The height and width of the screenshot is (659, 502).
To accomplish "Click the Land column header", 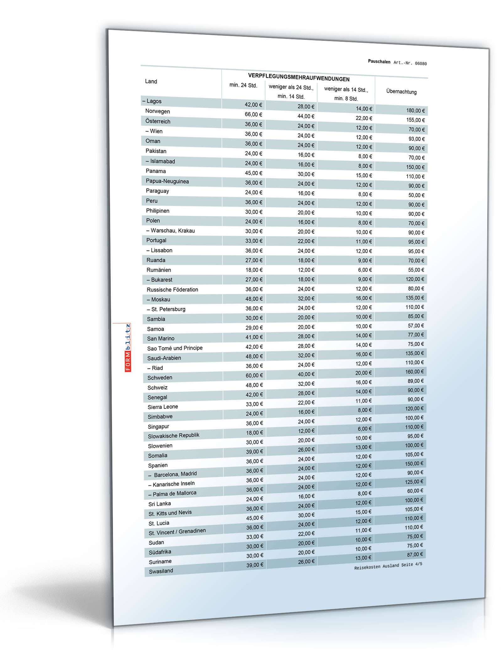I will [x=151, y=81].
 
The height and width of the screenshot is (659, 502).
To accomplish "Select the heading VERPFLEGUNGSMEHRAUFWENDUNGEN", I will [x=299, y=77].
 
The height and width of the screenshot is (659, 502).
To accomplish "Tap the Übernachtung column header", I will [x=401, y=92].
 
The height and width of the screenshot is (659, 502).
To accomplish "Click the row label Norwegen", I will [x=158, y=111].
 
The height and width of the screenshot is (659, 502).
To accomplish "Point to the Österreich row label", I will [x=158, y=121].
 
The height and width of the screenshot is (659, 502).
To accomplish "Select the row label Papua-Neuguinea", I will [x=167, y=181].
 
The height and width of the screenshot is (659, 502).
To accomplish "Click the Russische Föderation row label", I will [x=172, y=289].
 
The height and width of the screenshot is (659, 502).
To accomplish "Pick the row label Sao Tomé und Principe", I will [x=175, y=348].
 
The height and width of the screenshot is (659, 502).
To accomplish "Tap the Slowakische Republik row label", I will [x=174, y=436].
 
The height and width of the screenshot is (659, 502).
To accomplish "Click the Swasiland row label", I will [x=161, y=571].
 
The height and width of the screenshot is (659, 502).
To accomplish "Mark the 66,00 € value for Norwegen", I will [x=254, y=114].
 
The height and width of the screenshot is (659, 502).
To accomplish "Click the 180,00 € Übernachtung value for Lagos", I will [x=415, y=110].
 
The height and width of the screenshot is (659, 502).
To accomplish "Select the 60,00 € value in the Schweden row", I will [x=254, y=375].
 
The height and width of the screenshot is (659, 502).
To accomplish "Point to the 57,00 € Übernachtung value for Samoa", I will [x=416, y=325].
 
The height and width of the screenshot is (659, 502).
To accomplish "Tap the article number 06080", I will [x=420, y=63].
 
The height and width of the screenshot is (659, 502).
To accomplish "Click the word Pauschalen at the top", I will [x=379, y=62].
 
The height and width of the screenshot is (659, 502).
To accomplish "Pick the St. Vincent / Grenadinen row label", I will [x=177, y=532].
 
